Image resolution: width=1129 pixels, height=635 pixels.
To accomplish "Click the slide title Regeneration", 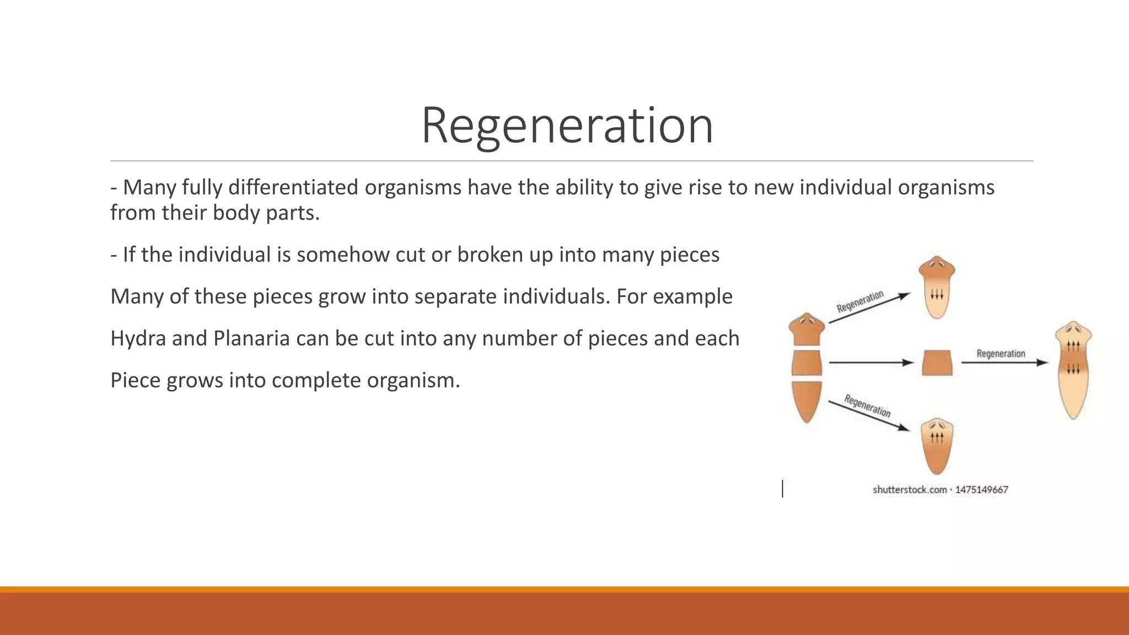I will click(x=567, y=126).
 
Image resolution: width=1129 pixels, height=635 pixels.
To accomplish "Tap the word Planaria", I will click(x=251, y=338).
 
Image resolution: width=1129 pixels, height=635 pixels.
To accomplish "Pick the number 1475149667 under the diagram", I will click(x=981, y=489).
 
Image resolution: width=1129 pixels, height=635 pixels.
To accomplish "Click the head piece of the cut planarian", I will click(x=807, y=330).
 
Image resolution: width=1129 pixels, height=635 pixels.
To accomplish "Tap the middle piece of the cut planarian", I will click(x=807, y=364).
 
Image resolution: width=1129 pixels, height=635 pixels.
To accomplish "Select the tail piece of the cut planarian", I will click(x=807, y=401).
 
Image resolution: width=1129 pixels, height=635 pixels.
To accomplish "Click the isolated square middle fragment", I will click(x=937, y=363).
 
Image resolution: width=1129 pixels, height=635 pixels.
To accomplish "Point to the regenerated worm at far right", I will click(x=1073, y=369).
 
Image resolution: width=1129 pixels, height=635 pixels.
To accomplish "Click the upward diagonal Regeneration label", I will click(x=860, y=302).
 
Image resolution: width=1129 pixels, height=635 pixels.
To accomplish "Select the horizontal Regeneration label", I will click(x=1001, y=353).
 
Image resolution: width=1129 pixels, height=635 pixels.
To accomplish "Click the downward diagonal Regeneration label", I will click(x=867, y=406).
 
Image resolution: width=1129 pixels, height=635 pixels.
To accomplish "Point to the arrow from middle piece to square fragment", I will click(x=871, y=363).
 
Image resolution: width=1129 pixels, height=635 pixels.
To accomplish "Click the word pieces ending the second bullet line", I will click(x=690, y=255).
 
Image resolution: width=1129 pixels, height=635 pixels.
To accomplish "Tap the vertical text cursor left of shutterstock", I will click(x=782, y=488).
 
